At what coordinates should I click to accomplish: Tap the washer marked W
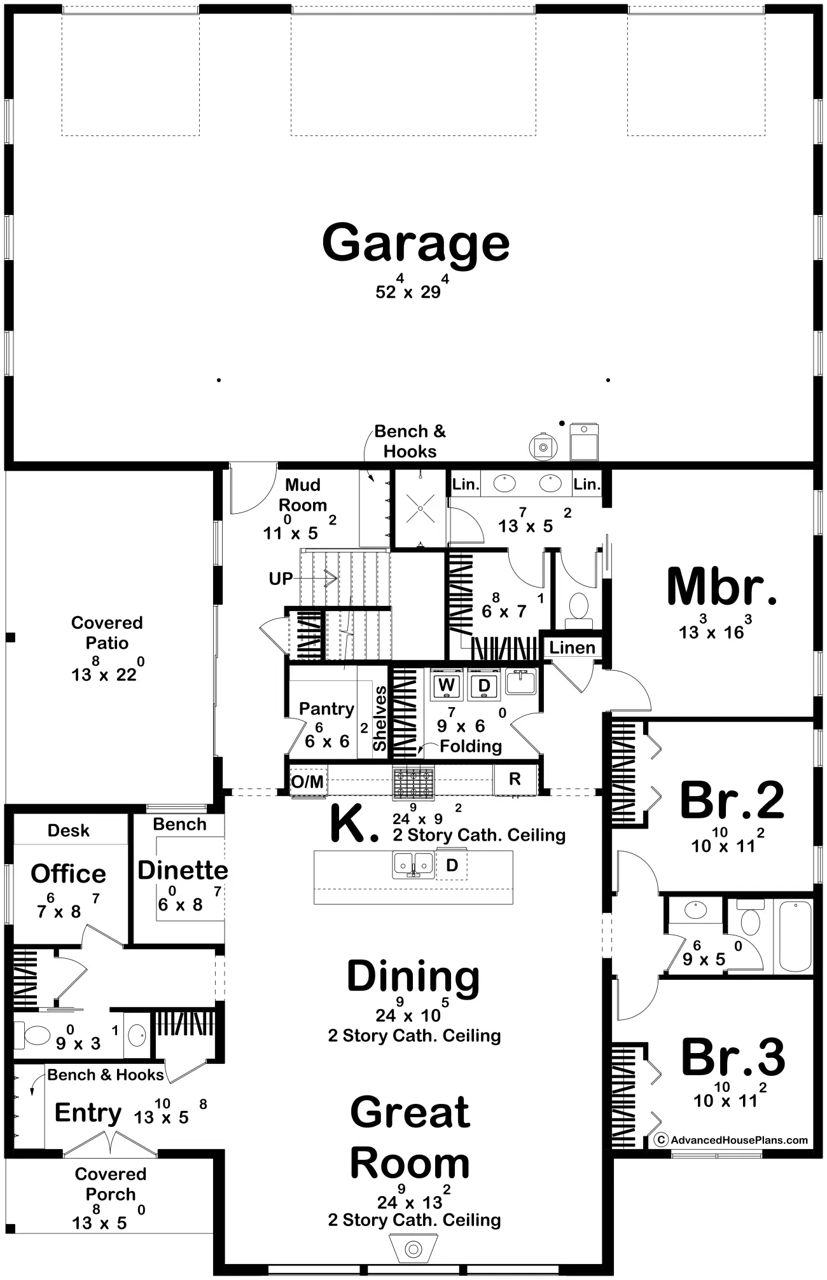(447, 685)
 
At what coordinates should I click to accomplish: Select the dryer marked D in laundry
(484, 685)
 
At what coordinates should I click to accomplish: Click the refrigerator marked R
(515, 779)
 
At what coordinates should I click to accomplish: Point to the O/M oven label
(307, 781)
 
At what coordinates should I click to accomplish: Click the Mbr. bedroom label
(722, 587)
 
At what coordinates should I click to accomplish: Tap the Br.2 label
(732, 801)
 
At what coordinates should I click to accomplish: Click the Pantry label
(326, 709)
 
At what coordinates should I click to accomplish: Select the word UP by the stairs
(281, 579)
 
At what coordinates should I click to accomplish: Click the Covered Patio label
(107, 633)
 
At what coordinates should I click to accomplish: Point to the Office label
(68, 874)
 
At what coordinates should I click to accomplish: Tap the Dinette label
(183, 870)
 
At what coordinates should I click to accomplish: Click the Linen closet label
(573, 648)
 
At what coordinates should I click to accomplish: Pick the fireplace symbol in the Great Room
(414, 1249)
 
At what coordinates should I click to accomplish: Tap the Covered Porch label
(111, 1184)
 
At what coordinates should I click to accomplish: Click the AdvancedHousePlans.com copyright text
(732, 1140)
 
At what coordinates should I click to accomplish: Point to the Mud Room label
(303, 495)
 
